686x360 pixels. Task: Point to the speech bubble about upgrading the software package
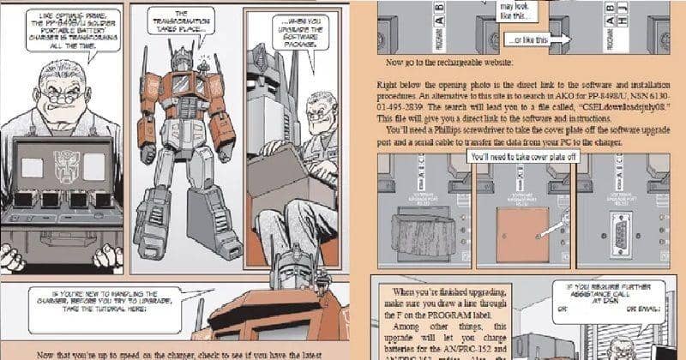tap(302, 31)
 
